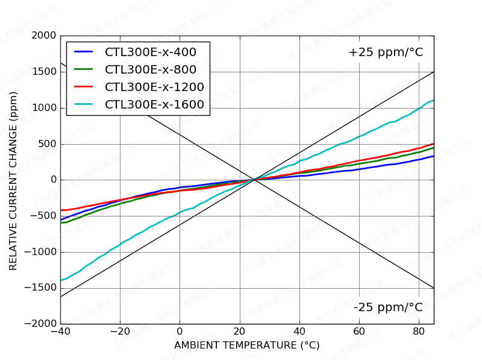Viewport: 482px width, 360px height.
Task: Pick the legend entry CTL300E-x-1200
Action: click(154, 87)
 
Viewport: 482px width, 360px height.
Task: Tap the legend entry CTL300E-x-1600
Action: click(154, 104)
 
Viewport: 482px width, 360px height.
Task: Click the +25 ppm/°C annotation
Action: click(386, 52)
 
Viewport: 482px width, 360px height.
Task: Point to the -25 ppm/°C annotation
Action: click(388, 308)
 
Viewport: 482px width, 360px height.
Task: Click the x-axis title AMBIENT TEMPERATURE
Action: click(246, 346)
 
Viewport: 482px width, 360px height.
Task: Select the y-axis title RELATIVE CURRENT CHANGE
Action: click(13, 180)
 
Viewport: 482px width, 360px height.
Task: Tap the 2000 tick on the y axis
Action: click(45, 36)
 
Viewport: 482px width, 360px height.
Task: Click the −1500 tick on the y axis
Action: click(41, 288)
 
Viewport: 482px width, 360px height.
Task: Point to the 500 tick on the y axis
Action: click(48, 144)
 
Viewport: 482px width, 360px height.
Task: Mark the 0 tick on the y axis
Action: click(54, 180)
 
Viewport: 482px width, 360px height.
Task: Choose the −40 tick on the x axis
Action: click(60, 332)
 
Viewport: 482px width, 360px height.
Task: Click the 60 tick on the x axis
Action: click(359, 332)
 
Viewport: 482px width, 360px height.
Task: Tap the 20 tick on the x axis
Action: click(239, 332)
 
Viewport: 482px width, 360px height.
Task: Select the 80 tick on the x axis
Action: click(419, 332)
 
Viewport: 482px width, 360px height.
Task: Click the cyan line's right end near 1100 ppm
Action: click(433, 100)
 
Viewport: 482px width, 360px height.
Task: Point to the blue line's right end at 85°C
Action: click(433, 156)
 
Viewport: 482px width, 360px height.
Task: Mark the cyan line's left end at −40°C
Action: click(61, 280)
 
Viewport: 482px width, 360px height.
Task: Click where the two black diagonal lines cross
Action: click(254, 180)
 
